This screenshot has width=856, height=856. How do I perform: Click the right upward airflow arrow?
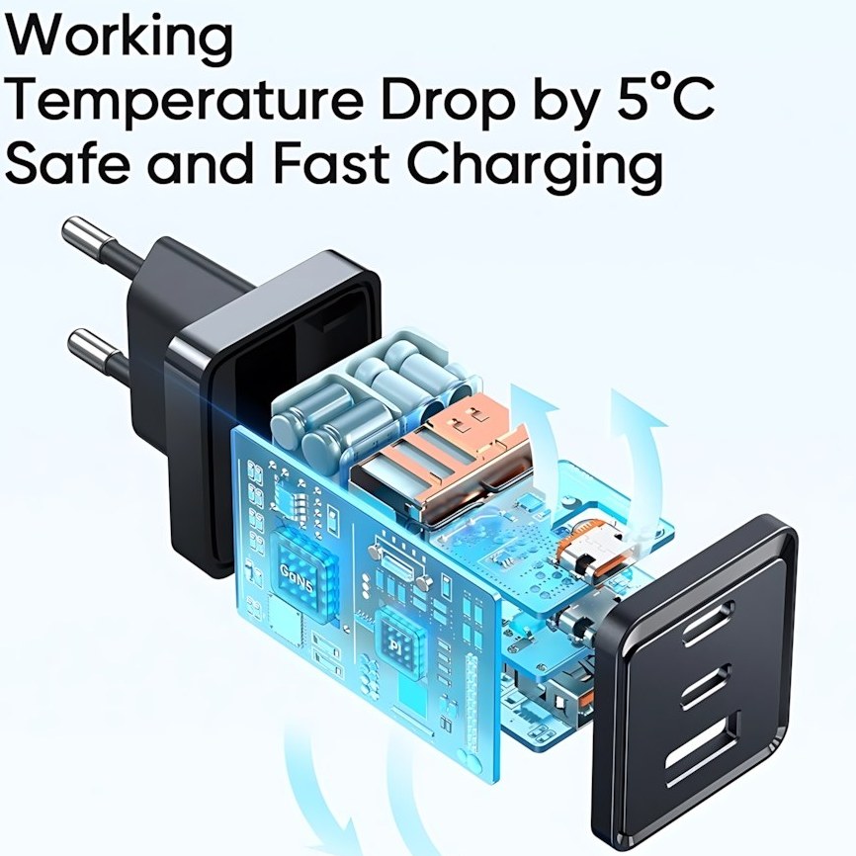tap(633, 435)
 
